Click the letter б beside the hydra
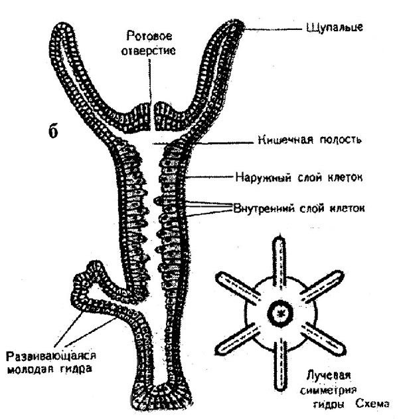point(55,130)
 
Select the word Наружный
point(261,178)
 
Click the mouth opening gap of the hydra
point(152,113)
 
